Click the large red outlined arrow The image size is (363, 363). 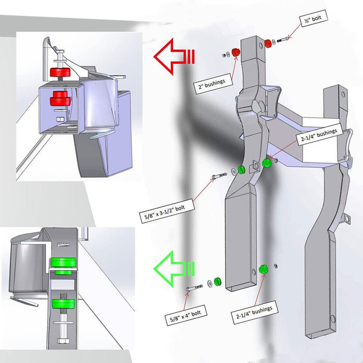click(x=174, y=57)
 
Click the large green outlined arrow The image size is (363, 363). click(x=174, y=269)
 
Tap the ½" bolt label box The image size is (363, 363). click(x=313, y=18)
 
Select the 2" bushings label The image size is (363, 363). click(x=213, y=84)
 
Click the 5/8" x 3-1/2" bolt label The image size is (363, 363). click(x=166, y=211)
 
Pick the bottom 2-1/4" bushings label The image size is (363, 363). click(x=255, y=312)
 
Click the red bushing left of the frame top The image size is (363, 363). click(x=235, y=52)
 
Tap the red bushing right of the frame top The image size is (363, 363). click(x=268, y=44)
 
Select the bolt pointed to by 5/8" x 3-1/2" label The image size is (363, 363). click(x=219, y=176)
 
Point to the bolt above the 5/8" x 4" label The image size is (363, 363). click(x=194, y=288)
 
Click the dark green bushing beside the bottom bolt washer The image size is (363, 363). click(x=217, y=282)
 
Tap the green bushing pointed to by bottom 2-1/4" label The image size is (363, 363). click(x=263, y=270)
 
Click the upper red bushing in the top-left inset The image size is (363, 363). click(x=60, y=72)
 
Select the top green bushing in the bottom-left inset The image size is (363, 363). click(x=63, y=262)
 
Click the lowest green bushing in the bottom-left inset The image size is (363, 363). click(x=63, y=304)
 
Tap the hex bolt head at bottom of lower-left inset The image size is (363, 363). click(x=62, y=341)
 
